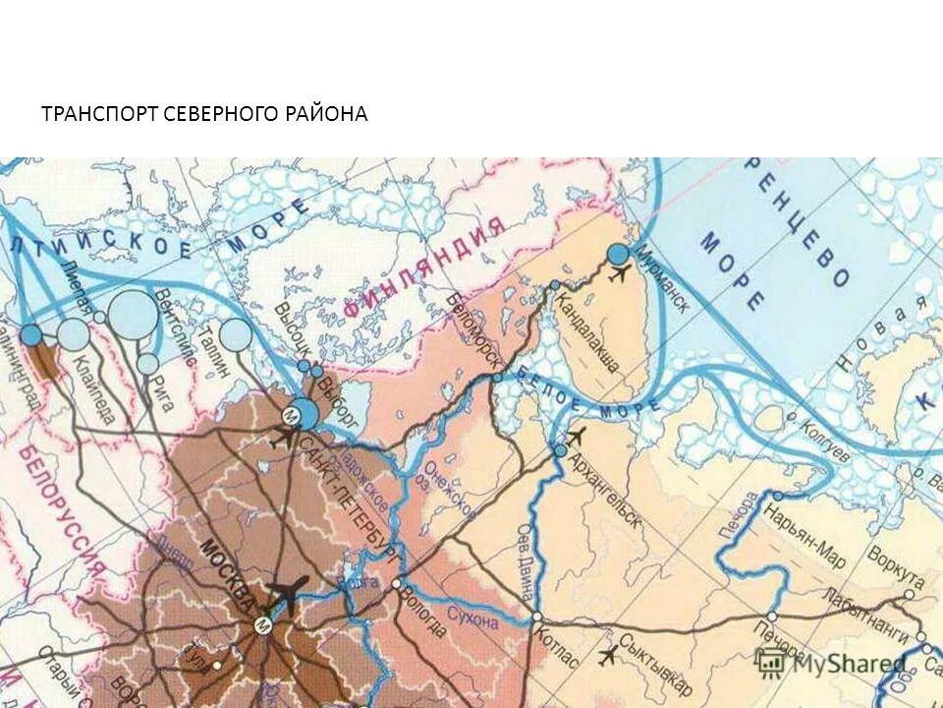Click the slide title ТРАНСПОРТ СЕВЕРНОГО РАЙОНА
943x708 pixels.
pos(204,114)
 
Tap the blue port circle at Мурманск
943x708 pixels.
pos(618,255)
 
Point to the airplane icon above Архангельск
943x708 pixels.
pos(577,436)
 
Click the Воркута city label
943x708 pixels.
pos(895,565)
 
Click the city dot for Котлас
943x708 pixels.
pos(536,617)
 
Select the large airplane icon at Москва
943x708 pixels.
pos(287,592)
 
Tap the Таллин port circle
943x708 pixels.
pos(236,335)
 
